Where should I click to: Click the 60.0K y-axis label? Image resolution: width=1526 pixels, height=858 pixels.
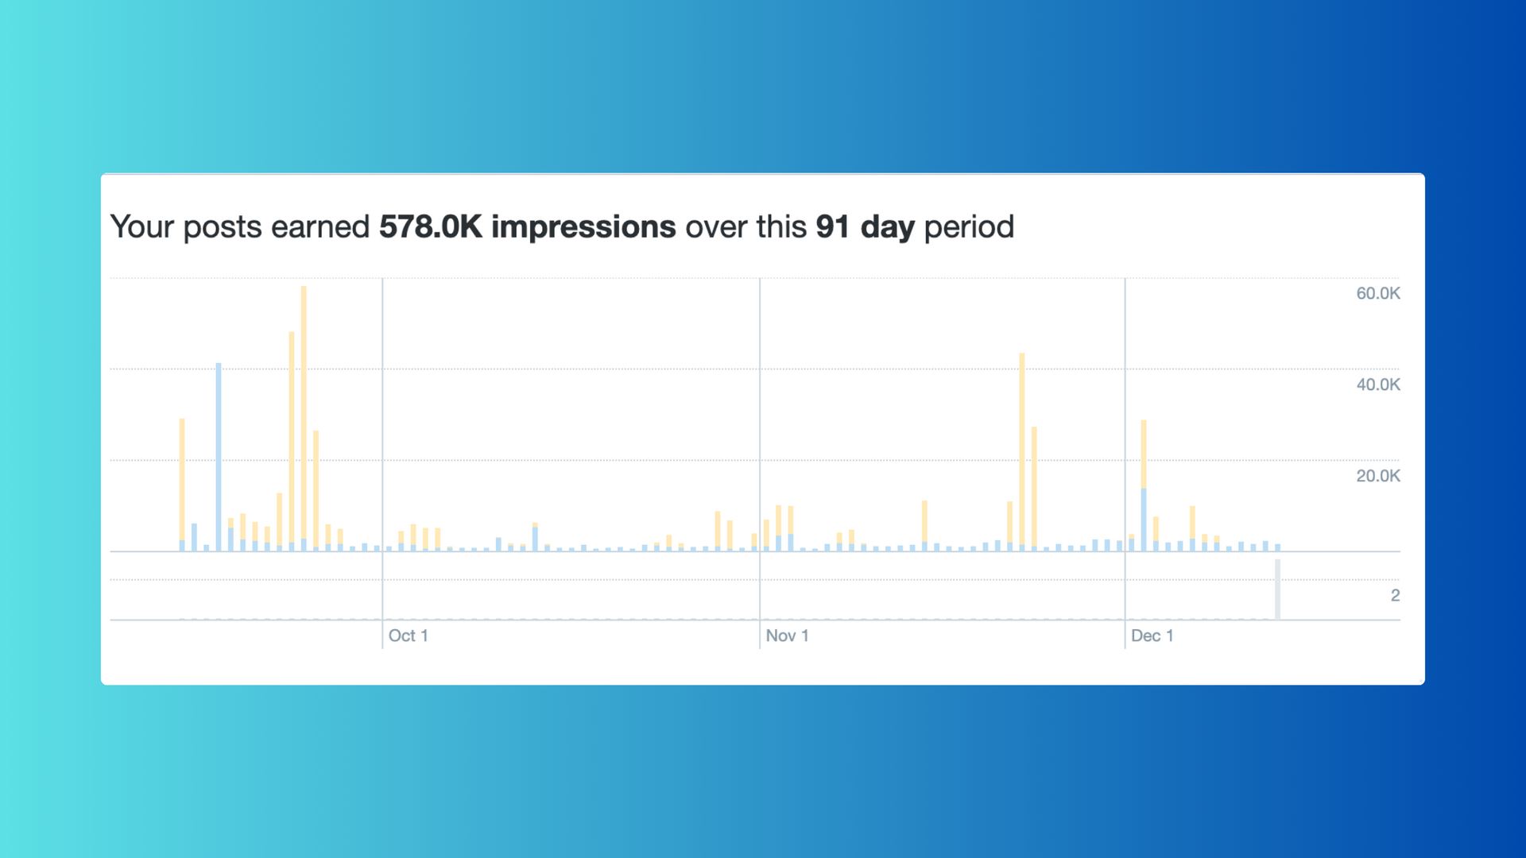pyautogui.click(x=1377, y=293)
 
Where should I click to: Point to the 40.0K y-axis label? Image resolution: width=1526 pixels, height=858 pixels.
pyautogui.click(x=1377, y=385)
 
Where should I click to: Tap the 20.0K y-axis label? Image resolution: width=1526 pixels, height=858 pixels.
pyautogui.click(x=1377, y=476)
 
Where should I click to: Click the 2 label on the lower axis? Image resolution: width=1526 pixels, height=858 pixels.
pyautogui.click(x=1395, y=595)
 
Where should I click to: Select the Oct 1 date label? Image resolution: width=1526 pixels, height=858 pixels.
pyautogui.click(x=408, y=636)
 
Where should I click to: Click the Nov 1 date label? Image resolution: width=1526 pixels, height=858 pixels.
pyautogui.click(x=787, y=636)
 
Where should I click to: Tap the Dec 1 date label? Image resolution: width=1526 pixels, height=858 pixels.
pyautogui.click(x=1152, y=636)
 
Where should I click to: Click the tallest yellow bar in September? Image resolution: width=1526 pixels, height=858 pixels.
pyautogui.click(x=304, y=413)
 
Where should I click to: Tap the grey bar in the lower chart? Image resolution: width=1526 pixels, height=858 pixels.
pyautogui.click(x=1277, y=589)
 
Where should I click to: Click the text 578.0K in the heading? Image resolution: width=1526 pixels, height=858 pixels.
pyautogui.click(x=430, y=227)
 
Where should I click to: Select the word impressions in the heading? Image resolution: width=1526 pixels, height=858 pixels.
pyautogui.click(x=583, y=227)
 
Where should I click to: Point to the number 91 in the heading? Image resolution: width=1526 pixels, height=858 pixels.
pyautogui.click(x=833, y=227)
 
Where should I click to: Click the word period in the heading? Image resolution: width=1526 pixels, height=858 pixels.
pyautogui.click(x=969, y=227)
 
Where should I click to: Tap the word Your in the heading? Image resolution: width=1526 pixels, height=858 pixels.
pyautogui.click(x=141, y=227)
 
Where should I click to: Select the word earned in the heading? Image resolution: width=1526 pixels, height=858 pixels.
pyautogui.click(x=320, y=227)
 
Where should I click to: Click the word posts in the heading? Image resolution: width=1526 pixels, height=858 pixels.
pyautogui.click(x=223, y=227)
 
